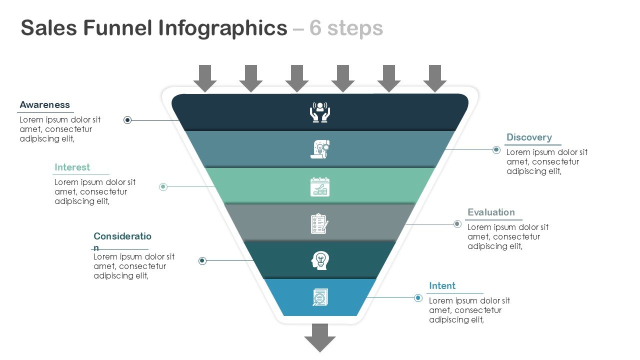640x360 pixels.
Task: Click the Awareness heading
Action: [x=44, y=105]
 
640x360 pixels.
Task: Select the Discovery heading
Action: [x=529, y=137]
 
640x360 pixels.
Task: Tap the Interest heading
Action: [x=72, y=167]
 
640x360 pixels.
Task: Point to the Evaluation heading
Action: [x=491, y=212]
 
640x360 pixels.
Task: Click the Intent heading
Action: [x=442, y=286]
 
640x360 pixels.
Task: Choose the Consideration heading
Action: [x=122, y=236]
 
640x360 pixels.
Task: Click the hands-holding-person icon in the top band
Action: [x=320, y=112]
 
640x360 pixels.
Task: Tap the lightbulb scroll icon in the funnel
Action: [x=320, y=149]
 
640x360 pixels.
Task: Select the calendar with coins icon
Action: [x=320, y=186]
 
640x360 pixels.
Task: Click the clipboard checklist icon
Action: [x=320, y=223]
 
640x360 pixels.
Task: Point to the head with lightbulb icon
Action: [x=320, y=260]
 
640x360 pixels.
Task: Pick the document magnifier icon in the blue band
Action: [x=320, y=297]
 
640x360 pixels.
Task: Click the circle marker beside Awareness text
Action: [x=127, y=120]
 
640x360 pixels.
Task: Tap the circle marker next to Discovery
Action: [x=496, y=149]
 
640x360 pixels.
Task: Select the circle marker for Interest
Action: [x=163, y=187]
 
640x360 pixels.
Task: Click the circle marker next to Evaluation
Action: [x=457, y=224]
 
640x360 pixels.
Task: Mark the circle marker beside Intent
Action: [x=418, y=298]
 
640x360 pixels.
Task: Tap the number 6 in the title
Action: [x=315, y=28]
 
